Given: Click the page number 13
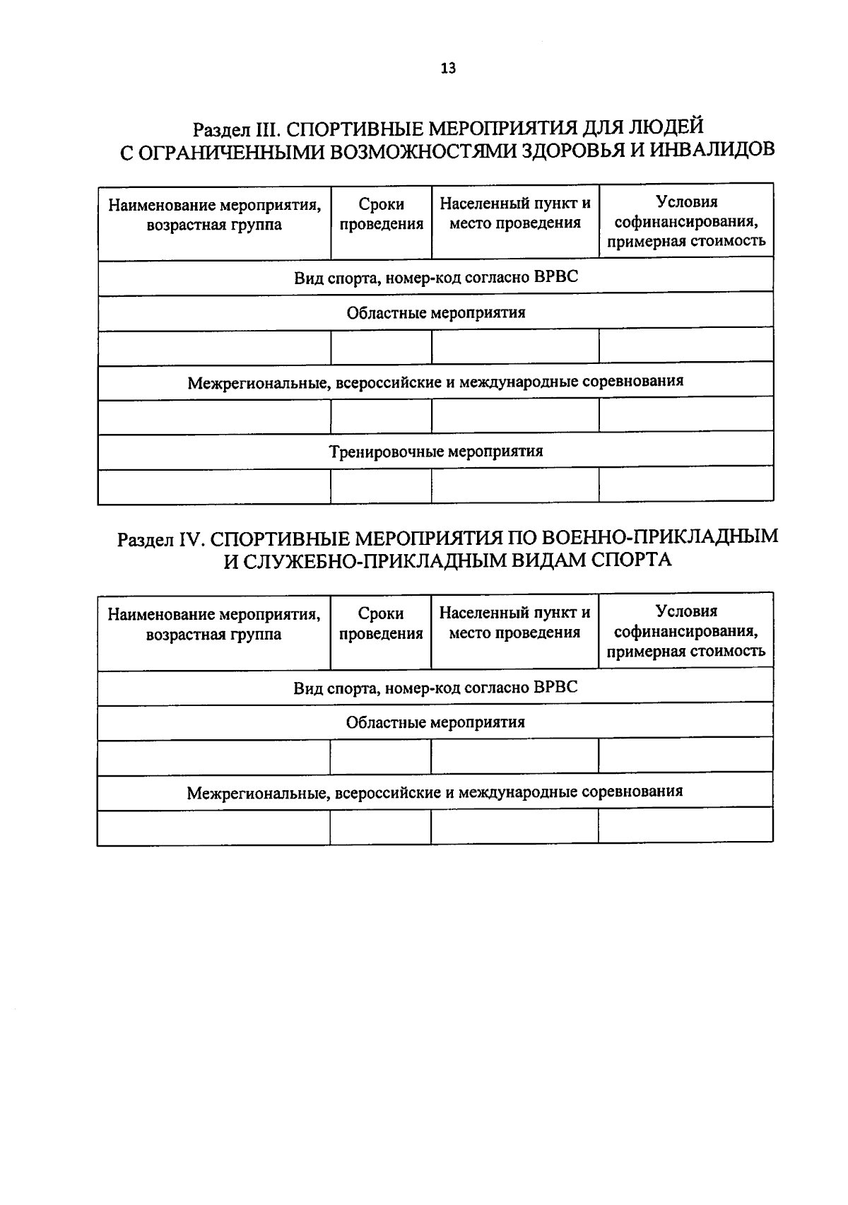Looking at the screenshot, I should pos(448,69).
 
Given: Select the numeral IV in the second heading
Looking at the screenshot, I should pos(191,539).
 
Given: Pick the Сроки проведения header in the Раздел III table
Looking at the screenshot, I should pos(381,214).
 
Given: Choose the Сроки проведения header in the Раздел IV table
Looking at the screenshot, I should pos(380,623).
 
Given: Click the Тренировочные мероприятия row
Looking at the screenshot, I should pos(436,451).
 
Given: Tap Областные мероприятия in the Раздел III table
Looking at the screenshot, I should pos(436,312).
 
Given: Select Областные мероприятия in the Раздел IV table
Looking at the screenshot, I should pos(435,722).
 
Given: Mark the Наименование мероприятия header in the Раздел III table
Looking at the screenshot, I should pos(214,215).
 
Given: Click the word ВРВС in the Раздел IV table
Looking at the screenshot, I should pos(555,687).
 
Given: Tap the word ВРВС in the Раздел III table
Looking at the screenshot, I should pos(556,277).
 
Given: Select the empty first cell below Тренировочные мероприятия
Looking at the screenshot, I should pos(214,486).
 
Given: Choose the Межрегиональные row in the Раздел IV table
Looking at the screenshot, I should pos(435,792).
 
